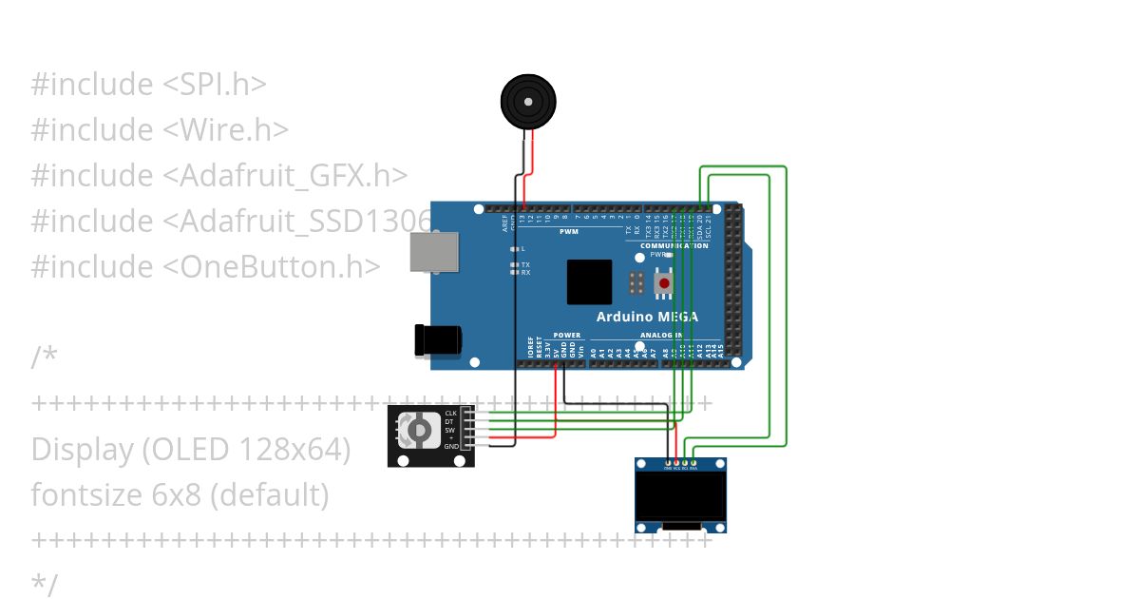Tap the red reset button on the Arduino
pyautogui.click(x=664, y=283)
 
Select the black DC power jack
pyautogui.click(x=437, y=339)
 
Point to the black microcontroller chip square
pyautogui.click(x=589, y=281)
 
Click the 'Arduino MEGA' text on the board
pyautogui.click(x=647, y=317)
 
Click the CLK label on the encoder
pyautogui.click(x=451, y=413)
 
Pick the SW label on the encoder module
pyautogui.click(x=450, y=430)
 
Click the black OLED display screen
pyautogui.click(x=681, y=497)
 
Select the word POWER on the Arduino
pyautogui.click(x=567, y=336)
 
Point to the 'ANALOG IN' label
pyautogui.click(x=661, y=336)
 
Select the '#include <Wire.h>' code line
pyautogui.click(x=160, y=129)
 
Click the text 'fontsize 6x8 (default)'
pyautogui.click(x=180, y=494)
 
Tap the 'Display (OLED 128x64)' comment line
pyautogui.click(x=191, y=449)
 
